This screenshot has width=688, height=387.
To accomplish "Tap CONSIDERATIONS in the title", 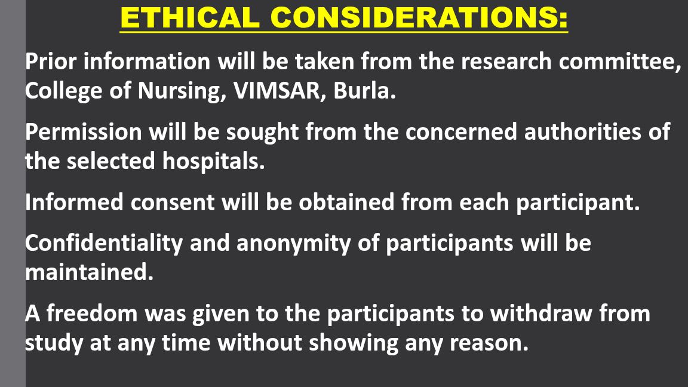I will (x=414, y=17).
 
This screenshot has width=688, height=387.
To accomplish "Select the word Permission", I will (x=84, y=131).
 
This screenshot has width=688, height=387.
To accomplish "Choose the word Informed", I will (x=75, y=202).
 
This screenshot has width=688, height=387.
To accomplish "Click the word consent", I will (x=172, y=202).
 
